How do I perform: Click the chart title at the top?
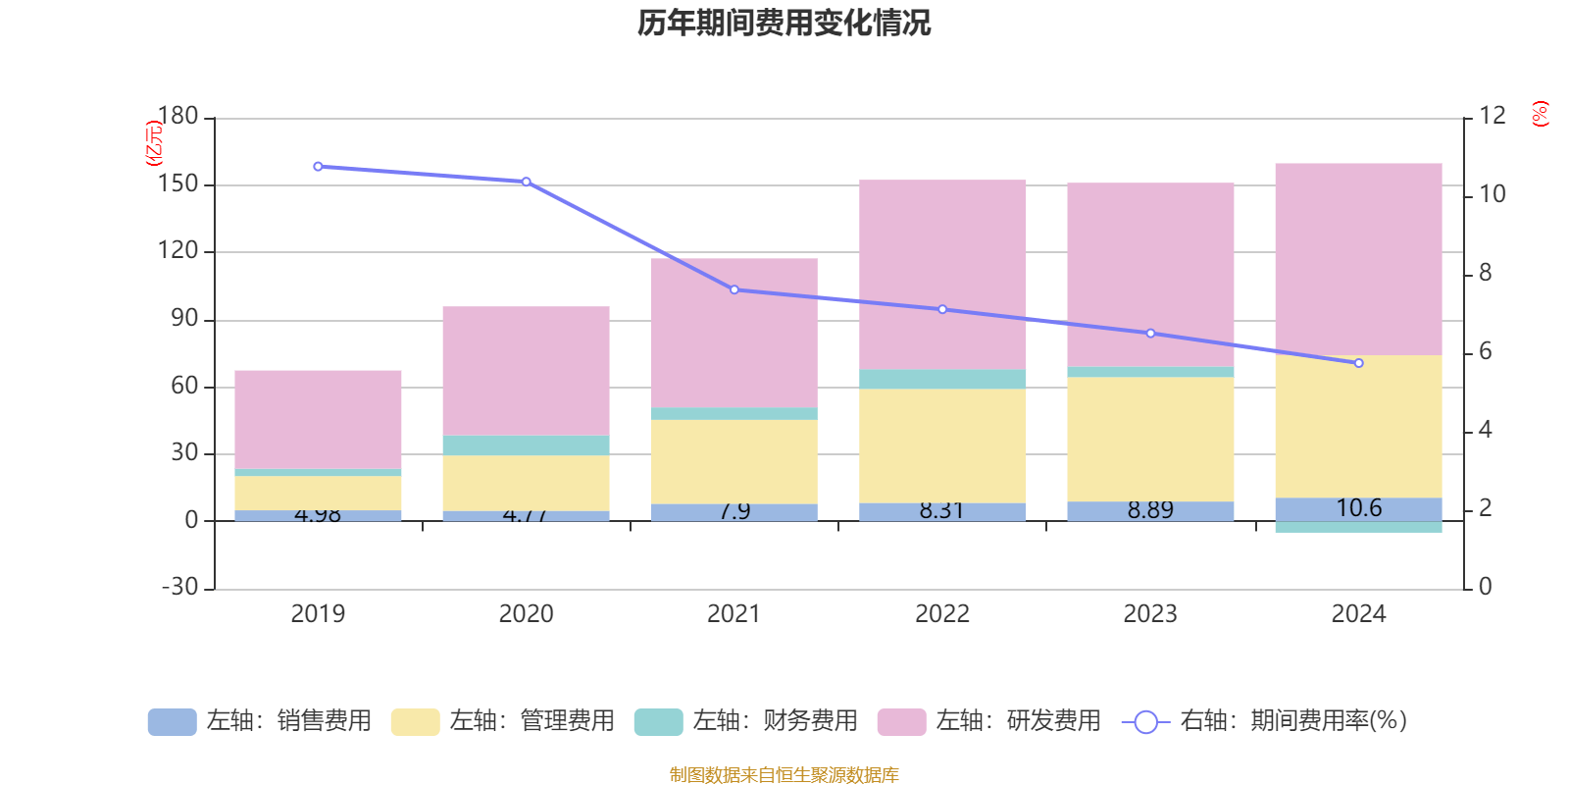click(784, 23)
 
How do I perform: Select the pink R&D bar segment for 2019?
click(318, 419)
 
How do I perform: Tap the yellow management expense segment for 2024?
click(1358, 426)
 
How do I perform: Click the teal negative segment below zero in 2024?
click(1358, 527)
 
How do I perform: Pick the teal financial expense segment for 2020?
click(526, 445)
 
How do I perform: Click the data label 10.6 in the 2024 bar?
click(1358, 508)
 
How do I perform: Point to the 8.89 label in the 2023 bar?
click(1150, 510)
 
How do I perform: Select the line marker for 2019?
click(318, 167)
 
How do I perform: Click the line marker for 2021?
click(734, 289)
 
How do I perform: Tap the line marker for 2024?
click(1358, 363)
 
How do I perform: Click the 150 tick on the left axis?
click(177, 184)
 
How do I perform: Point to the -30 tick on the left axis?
click(179, 587)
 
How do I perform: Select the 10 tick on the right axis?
click(1492, 194)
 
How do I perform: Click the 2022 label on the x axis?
click(942, 614)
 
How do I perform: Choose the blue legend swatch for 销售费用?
click(172, 722)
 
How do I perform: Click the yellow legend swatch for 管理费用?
click(415, 722)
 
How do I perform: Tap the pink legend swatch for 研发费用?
click(901, 722)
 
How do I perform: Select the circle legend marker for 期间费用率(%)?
click(1145, 722)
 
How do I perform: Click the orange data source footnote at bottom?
click(784, 775)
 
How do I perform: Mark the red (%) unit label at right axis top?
click(1540, 114)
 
